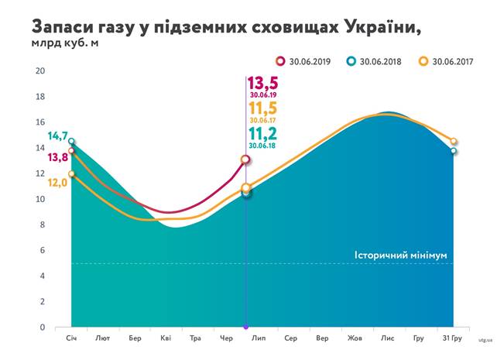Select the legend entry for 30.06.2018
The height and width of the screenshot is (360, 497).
[x=375, y=60]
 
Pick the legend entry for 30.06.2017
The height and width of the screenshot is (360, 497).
[x=446, y=60]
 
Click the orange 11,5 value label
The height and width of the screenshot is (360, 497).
[x=263, y=109]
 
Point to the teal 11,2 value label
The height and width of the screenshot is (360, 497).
[x=263, y=134]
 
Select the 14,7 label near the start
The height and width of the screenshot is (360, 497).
[x=57, y=136]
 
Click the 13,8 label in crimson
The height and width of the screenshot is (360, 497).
[x=57, y=157]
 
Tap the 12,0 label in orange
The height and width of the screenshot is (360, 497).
[x=57, y=183]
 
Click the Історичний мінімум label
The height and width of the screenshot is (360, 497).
[x=400, y=255]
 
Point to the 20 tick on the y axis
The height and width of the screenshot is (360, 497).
[x=40, y=70]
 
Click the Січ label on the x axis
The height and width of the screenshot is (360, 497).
[x=72, y=338]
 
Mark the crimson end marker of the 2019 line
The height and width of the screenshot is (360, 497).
[x=245, y=159]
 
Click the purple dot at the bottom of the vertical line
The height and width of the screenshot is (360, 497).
[x=245, y=327]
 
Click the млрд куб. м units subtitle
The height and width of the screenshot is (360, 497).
[x=65, y=42]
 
